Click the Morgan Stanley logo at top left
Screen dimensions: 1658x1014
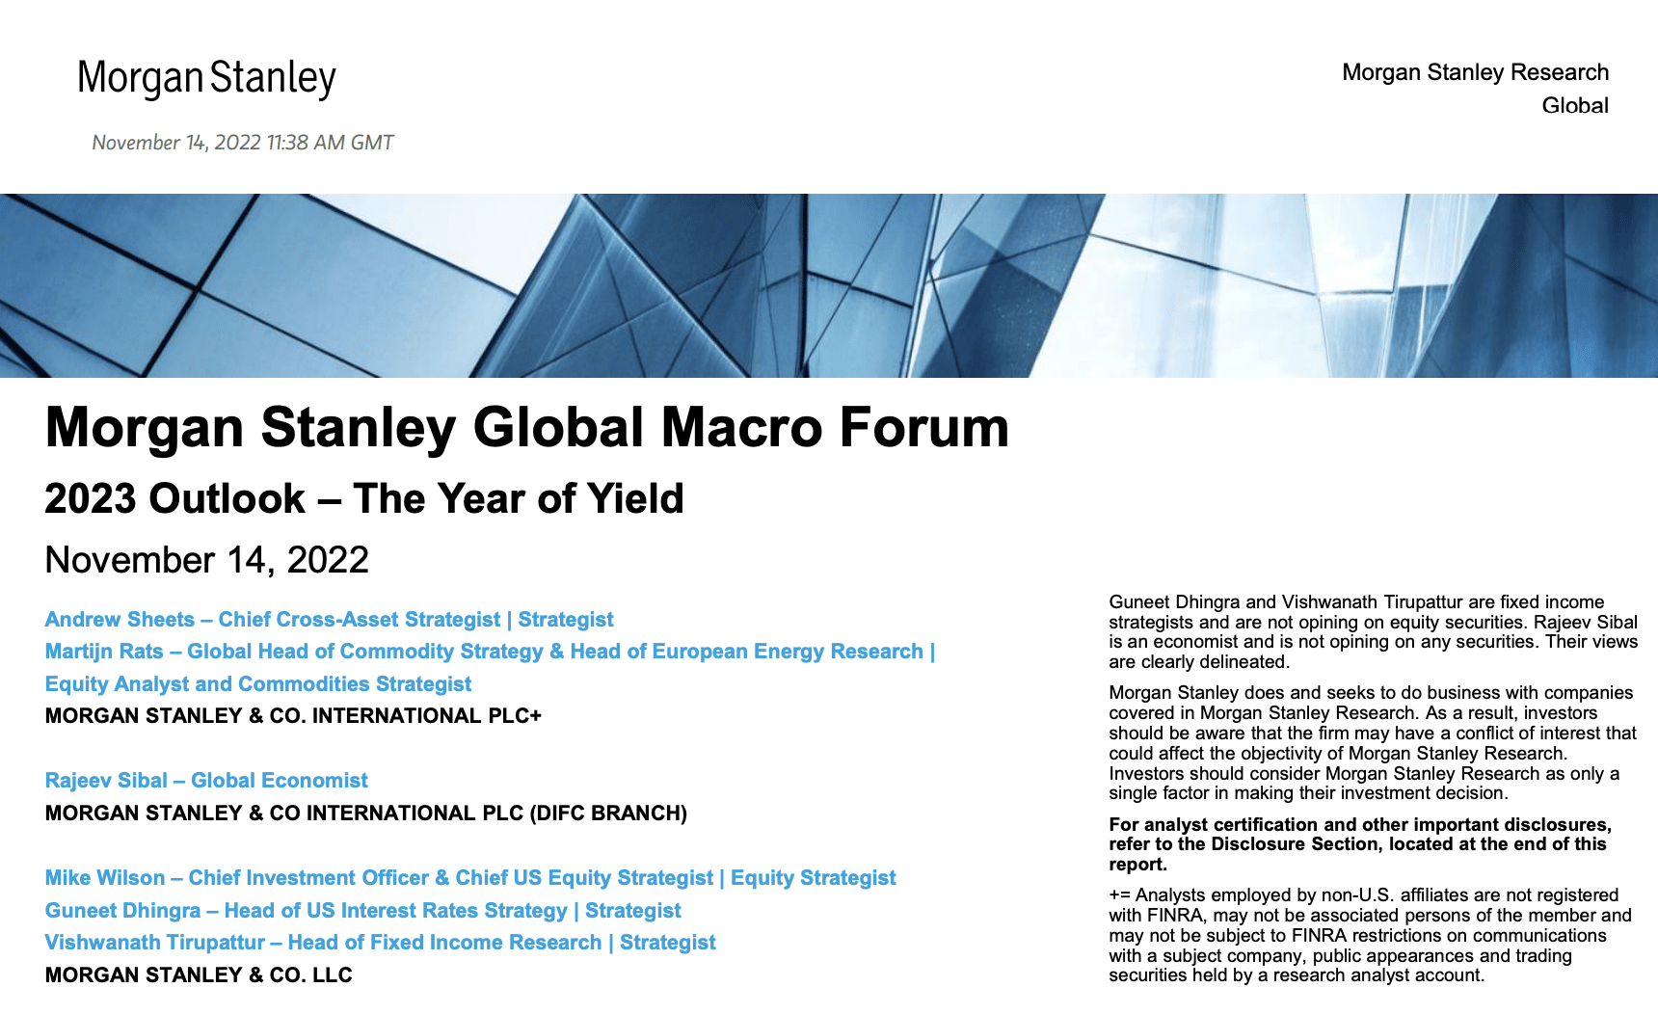point(206,78)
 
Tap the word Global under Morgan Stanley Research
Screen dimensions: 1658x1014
point(1575,105)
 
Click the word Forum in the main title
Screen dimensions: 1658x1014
point(923,427)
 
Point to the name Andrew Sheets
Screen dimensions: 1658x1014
point(120,619)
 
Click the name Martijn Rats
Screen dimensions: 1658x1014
point(104,652)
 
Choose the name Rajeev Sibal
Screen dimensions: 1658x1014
point(106,781)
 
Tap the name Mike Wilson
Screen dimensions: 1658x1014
point(105,878)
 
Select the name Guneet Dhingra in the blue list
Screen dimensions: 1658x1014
point(123,911)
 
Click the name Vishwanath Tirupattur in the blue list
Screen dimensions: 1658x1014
point(155,943)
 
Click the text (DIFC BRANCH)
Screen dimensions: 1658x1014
point(608,814)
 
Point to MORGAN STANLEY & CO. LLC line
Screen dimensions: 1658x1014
point(199,975)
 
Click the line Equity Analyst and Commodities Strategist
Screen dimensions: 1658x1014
point(258,684)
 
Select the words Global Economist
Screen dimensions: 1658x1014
point(280,781)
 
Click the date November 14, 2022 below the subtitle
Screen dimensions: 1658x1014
point(207,560)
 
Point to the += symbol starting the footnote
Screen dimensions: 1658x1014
point(1119,895)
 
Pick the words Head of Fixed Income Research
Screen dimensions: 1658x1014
point(444,943)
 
